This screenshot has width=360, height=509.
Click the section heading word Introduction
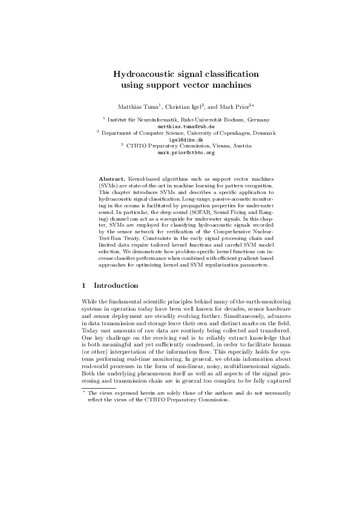click(116, 285)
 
